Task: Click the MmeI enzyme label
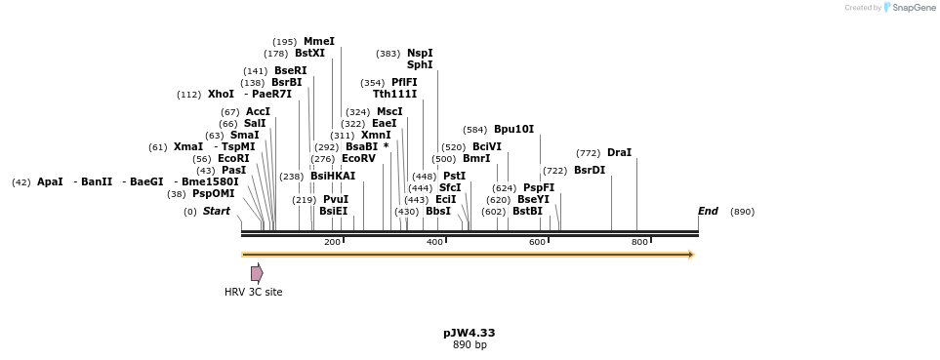[x=319, y=42]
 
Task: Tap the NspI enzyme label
[x=420, y=54]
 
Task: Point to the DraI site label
[x=619, y=153]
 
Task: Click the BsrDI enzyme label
[x=589, y=171]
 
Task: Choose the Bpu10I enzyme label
[x=513, y=130]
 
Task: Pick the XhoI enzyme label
[x=221, y=95]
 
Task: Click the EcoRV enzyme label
[x=358, y=159]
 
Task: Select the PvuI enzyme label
[x=335, y=200]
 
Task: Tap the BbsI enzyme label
[x=438, y=212]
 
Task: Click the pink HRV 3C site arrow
[x=257, y=273]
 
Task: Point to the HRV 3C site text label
[x=253, y=292]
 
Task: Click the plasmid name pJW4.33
[x=469, y=333]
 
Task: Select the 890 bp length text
[x=470, y=345]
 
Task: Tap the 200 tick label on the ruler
[x=332, y=242]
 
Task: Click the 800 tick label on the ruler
[x=639, y=242]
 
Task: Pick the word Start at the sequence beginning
[x=216, y=212]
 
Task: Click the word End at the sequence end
[x=708, y=212]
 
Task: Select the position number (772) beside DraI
[x=588, y=153]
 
